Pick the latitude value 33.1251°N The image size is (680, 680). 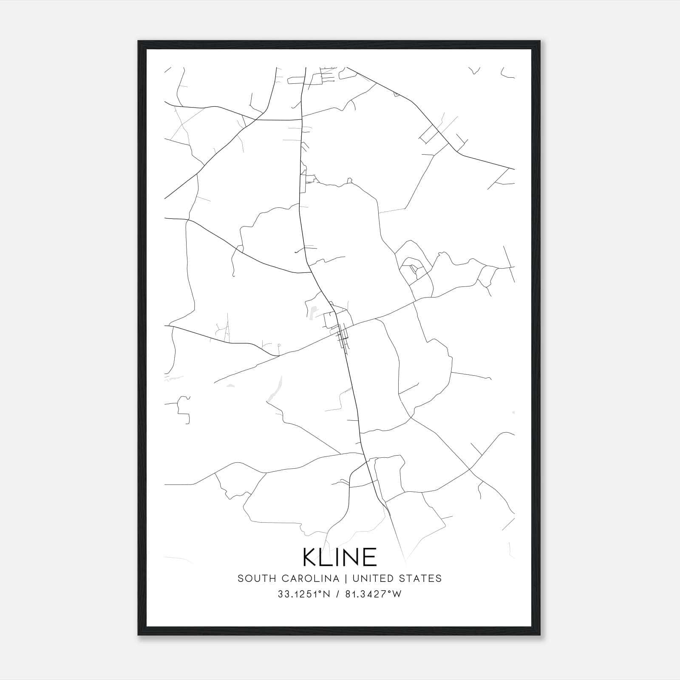304,594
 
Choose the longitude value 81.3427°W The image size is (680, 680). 373,594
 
